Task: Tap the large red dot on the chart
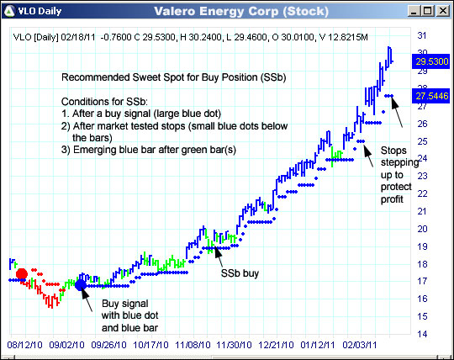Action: (22, 274)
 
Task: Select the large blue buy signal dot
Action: (81, 284)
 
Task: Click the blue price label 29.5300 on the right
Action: (430, 61)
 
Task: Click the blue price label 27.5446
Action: (430, 98)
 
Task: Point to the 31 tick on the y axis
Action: (422, 35)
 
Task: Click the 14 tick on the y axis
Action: (422, 334)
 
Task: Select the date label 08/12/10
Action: (24, 344)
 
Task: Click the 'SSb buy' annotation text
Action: (239, 273)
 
